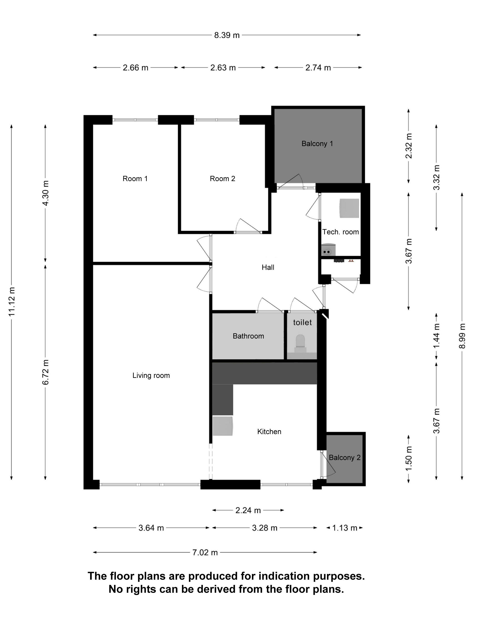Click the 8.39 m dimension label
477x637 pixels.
click(226, 35)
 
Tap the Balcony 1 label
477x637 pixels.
click(317, 143)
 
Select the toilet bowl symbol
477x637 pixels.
click(301, 341)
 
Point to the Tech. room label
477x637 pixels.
click(340, 232)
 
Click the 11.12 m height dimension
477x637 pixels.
click(12, 301)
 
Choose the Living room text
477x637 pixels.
click(151, 376)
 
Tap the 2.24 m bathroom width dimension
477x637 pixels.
click(248, 511)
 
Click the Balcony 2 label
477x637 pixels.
click(344, 458)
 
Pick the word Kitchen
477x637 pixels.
click(269, 431)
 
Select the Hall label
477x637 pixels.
click(268, 267)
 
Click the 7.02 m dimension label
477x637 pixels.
click(205, 553)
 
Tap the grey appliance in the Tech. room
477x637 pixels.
click(349, 208)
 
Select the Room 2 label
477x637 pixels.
click(222, 179)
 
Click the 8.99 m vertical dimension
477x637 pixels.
click(462, 336)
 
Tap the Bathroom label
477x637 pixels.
click(248, 336)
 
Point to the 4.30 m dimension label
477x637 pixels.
click(45, 193)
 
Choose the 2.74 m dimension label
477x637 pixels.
click(318, 68)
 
